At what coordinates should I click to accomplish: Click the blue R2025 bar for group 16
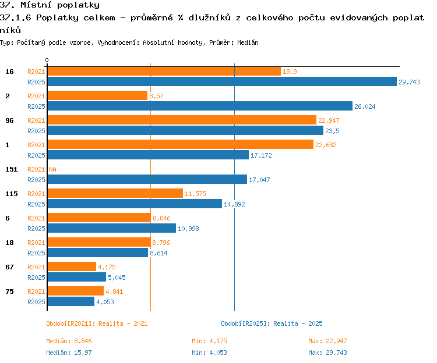[222, 82]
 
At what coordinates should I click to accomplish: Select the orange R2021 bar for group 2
[97, 95]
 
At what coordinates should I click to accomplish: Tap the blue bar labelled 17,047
[147, 179]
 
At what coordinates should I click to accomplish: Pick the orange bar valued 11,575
[115, 193]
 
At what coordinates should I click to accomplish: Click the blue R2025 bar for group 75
[71, 301]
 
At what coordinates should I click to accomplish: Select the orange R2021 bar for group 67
[72, 266]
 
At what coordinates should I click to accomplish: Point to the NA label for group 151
[52, 169]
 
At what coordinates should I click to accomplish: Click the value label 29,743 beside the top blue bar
[409, 82]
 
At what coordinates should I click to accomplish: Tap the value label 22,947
[329, 120]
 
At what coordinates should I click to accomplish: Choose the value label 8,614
[158, 253]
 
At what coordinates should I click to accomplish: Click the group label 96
[9, 120]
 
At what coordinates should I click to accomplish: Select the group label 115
[12, 194]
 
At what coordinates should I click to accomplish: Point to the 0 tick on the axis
[47, 60]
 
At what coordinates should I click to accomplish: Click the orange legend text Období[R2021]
[71, 323]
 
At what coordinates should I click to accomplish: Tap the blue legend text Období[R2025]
[245, 323]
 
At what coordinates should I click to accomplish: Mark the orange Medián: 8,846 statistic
[69, 341]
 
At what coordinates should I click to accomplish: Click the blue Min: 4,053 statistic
[209, 353]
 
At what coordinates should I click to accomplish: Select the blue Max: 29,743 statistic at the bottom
[327, 353]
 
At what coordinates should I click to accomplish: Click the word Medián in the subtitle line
[248, 42]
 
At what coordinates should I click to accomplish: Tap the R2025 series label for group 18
[36, 253]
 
